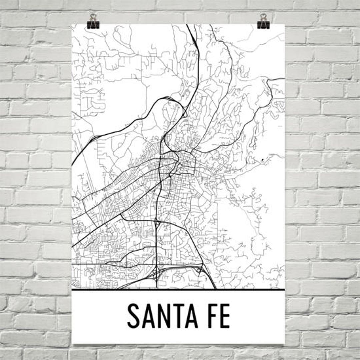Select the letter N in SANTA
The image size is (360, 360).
tap(161, 316)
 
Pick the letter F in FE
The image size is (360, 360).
tap(207, 316)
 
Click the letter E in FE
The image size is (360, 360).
tap(224, 316)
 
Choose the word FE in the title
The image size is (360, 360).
tap(216, 316)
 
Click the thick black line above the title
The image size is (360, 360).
tap(178, 289)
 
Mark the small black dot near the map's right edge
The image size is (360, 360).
tap(263, 160)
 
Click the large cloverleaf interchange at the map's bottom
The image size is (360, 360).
tap(156, 274)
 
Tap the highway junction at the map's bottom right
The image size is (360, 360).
tap(200, 267)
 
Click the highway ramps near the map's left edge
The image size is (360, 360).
tap(94, 137)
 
